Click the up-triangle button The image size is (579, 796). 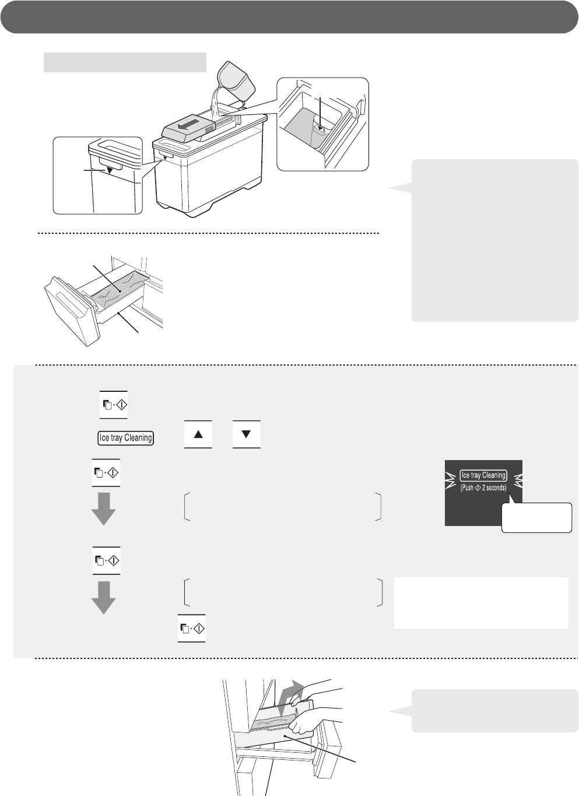(x=198, y=434)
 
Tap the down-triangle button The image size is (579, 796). (x=247, y=434)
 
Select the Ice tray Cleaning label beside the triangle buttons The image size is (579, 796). (x=126, y=438)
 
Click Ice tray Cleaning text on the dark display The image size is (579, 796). (x=483, y=475)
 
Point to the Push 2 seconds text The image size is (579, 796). (x=483, y=488)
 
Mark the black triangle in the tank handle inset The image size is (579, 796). (x=110, y=170)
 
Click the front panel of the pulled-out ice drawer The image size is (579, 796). (x=71, y=312)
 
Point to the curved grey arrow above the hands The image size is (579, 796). (x=289, y=697)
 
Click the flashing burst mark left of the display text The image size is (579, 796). (x=450, y=481)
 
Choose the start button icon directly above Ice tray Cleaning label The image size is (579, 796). (x=114, y=405)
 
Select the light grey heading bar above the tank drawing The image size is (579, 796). (x=125, y=62)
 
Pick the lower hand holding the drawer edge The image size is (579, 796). (x=313, y=721)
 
